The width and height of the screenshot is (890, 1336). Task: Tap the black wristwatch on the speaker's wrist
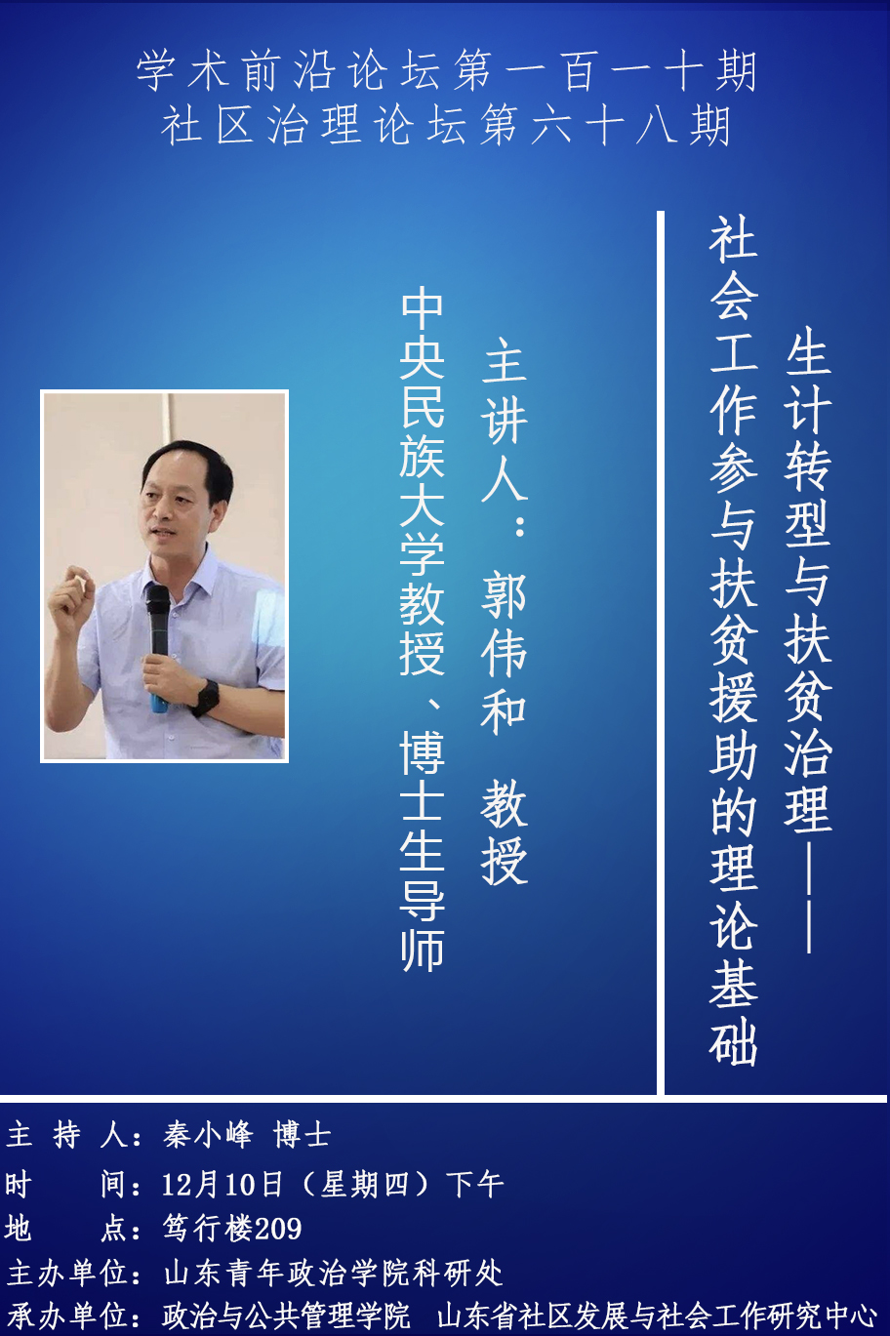(206, 698)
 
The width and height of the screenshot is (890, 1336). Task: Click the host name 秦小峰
(207, 1134)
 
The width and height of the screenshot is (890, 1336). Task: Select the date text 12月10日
(222, 1184)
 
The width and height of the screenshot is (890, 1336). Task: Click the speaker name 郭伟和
(504, 654)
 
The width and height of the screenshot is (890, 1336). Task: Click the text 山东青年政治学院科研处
(333, 1273)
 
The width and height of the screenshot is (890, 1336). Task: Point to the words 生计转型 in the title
(808, 437)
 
